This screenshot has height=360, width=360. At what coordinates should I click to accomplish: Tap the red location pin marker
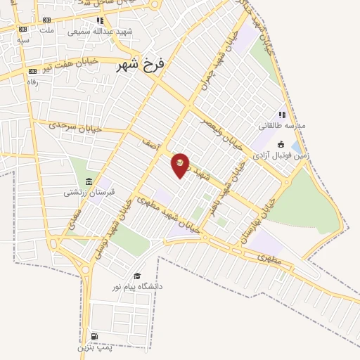[180, 165]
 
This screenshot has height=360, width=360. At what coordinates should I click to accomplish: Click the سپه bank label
[23, 39]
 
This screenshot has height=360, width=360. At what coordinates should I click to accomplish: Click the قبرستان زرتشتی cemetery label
[89, 191]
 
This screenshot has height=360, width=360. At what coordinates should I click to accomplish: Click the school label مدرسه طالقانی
[282, 125]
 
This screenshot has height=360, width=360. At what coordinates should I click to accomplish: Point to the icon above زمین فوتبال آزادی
[281, 144]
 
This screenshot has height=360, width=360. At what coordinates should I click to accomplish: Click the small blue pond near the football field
[293, 147]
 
